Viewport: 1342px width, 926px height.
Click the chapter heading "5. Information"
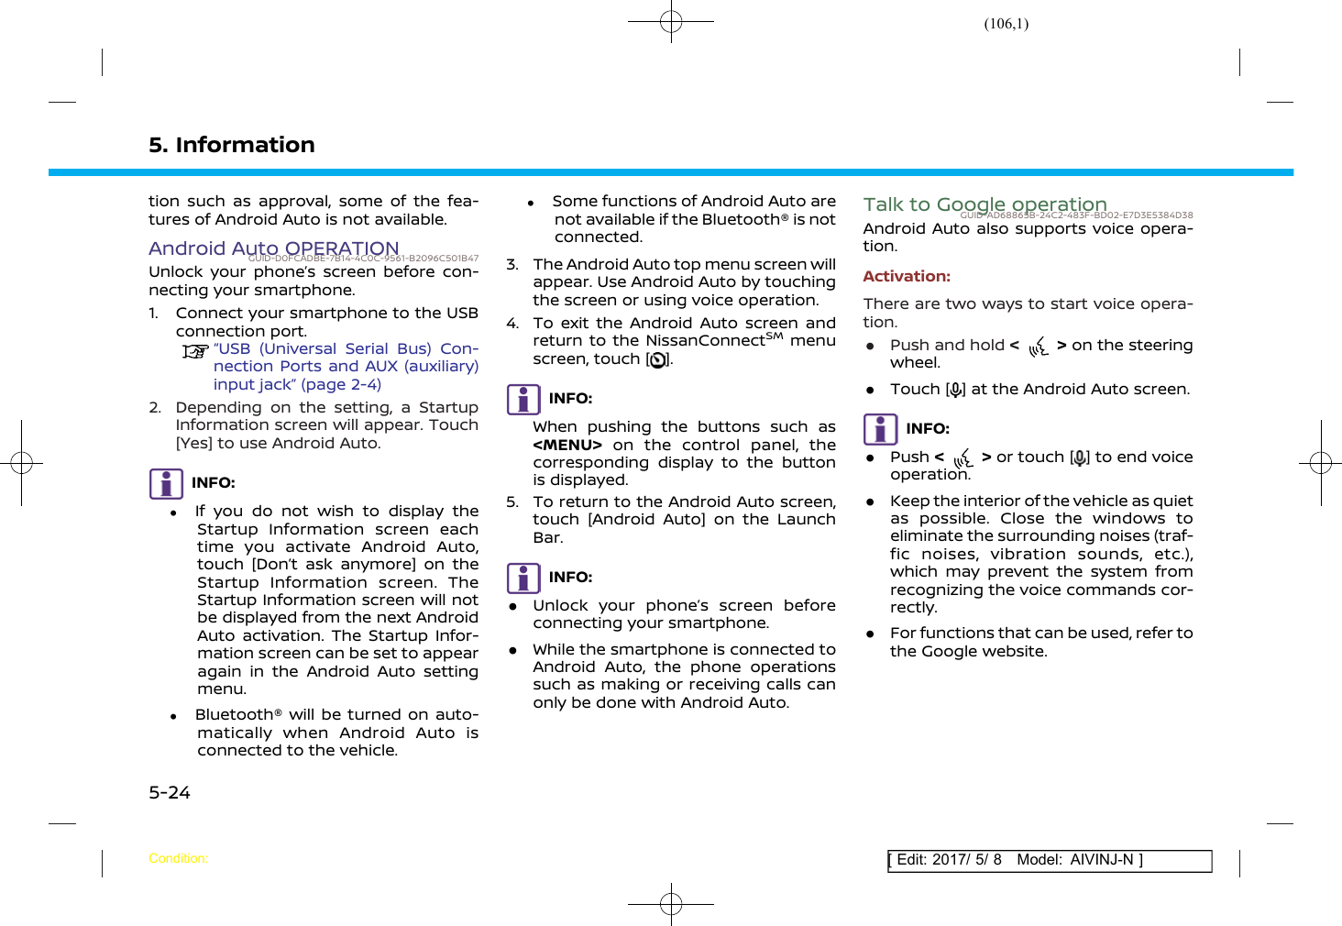[231, 145]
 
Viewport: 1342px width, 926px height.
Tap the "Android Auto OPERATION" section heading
[273, 248]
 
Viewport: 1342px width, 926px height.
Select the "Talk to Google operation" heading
[984, 204]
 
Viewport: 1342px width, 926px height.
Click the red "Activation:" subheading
[906, 276]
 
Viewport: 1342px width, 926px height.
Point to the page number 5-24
[170, 792]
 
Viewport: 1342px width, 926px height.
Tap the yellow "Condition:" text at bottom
[178, 858]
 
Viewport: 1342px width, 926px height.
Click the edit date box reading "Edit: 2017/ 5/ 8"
[948, 860]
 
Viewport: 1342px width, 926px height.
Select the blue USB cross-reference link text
[346, 367]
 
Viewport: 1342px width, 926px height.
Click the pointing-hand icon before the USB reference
[195, 351]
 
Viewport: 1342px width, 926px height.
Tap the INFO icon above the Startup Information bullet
[166, 483]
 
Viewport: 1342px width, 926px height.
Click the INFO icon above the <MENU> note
[523, 400]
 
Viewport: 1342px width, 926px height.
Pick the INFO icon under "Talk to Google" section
[880, 429]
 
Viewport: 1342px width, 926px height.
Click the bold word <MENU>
[566, 445]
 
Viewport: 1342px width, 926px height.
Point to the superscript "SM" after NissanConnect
[774, 336]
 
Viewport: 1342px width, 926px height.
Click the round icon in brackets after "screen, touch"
[657, 360]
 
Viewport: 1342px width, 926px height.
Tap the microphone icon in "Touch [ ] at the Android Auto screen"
[955, 390]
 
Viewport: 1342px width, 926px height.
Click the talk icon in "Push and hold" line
[1038, 346]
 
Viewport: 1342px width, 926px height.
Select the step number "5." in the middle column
[512, 502]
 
